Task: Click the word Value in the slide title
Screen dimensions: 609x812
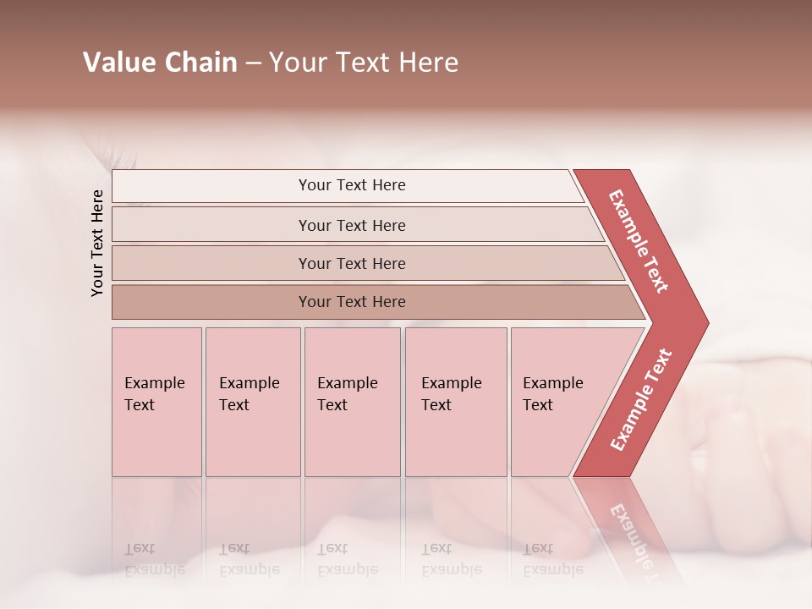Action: (x=118, y=63)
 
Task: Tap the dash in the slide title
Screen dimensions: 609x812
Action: (x=253, y=63)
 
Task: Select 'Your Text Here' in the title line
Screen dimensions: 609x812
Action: (x=364, y=63)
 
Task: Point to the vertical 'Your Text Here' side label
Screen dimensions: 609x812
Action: (x=97, y=244)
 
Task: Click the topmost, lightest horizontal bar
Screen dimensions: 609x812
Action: (x=351, y=185)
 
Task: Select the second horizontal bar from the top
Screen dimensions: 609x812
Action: (x=351, y=225)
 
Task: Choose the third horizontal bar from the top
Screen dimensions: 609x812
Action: (x=351, y=263)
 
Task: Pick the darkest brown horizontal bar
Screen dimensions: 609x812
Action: (x=351, y=302)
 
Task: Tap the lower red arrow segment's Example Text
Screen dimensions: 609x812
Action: (x=641, y=400)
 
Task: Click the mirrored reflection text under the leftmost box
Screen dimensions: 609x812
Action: (x=154, y=559)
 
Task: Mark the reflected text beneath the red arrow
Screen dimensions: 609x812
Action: (x=631, y=533)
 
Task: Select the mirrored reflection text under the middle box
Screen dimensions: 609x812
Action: (x=347, y=559)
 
